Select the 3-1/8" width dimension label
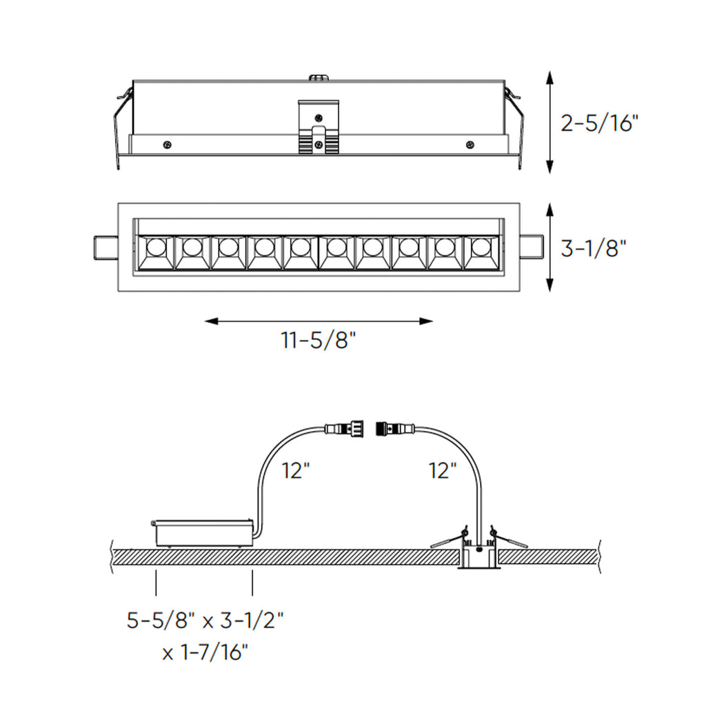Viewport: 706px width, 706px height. click(x=593, y=248)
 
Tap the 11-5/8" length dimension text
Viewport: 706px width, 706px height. click(x=319, y=341)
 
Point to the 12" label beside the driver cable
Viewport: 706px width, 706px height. click(x=296, y=471)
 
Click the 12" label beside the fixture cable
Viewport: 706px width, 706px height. click(x=443, y=471)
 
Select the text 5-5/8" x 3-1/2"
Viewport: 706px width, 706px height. click(x=205, y=621)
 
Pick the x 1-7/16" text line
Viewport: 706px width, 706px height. click(x=205, y=652)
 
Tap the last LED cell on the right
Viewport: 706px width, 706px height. click(x=481, y=252)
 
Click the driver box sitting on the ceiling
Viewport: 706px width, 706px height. click(x=201, y=533)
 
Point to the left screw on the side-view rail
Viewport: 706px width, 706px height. click(x=167, y=144)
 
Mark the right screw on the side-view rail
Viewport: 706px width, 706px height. click(x=470, y=144)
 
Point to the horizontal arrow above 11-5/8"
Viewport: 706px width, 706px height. click(x=319, y=321)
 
